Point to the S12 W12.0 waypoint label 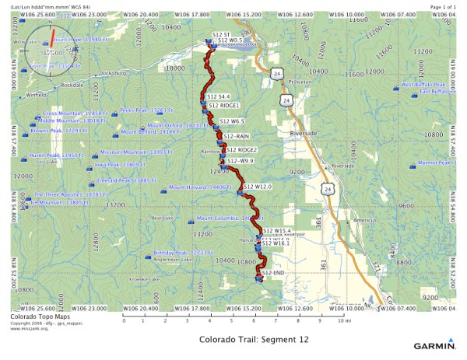[x=258, y=187]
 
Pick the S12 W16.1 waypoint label [x=276, y=243]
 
